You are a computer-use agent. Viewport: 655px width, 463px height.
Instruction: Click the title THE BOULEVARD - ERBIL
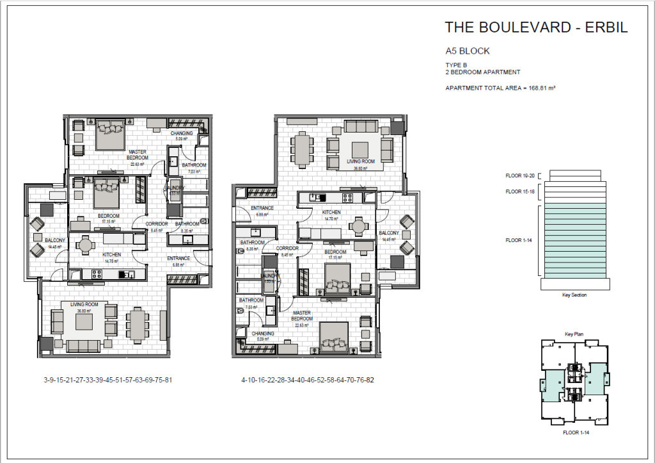(536, 28)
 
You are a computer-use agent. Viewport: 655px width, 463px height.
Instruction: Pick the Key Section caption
(574, 295)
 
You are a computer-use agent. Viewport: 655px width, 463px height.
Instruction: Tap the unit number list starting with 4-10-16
(308, 380)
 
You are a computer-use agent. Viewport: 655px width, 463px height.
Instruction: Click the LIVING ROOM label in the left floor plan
(84, 304)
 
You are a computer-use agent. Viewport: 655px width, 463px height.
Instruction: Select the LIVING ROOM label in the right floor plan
(361, 161)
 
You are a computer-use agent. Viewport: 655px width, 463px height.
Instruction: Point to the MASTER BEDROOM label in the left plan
(138, 154)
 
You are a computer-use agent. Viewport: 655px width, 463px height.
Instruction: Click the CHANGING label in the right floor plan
(263, 334)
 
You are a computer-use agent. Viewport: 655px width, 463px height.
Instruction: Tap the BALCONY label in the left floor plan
(54, 240)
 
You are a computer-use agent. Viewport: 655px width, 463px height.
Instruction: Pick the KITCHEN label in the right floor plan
(331, 212)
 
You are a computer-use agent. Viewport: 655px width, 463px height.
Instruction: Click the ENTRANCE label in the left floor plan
(178, 258)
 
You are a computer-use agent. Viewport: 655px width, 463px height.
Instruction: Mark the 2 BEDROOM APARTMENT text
(483, 72)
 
